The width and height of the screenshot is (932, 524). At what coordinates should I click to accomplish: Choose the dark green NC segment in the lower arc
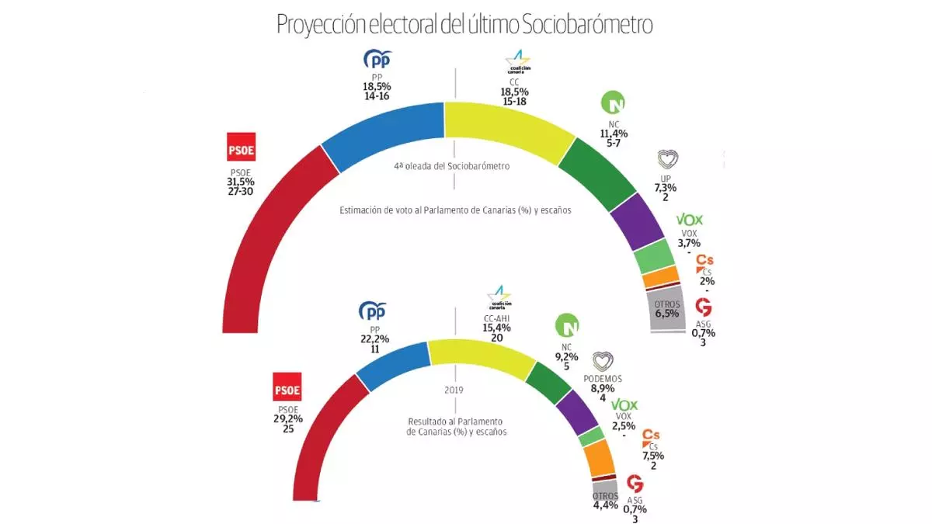(x=548, y=380)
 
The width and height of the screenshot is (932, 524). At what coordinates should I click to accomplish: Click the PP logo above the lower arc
(x=373, y=311)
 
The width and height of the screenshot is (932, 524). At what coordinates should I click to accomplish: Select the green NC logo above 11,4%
(x=614, y=103)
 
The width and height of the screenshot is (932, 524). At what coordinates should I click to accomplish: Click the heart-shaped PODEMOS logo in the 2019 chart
(x=603, y=361)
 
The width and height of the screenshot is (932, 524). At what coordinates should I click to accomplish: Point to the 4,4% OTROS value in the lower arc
(x=606, y=505)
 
